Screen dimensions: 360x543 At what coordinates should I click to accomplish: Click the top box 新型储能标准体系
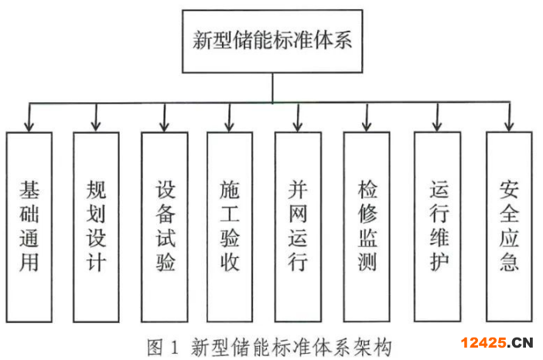coord(271,41)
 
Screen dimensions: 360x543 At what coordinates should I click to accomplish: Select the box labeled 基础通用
coord(29,227)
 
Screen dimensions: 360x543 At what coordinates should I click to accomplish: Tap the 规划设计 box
coord(96,227)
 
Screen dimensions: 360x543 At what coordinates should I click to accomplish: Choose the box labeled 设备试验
coord(164,227)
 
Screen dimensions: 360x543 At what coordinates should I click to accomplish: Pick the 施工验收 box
coord(229,227)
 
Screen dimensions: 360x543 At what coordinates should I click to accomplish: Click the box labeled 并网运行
coord(298,227)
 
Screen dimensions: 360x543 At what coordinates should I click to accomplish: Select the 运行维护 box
coord(438,227)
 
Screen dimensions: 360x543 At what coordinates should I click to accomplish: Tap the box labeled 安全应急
coord(509,227)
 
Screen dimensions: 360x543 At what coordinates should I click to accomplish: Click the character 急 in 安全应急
coord(509,262)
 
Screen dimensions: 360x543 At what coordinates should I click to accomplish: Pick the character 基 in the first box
coord(29,190)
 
